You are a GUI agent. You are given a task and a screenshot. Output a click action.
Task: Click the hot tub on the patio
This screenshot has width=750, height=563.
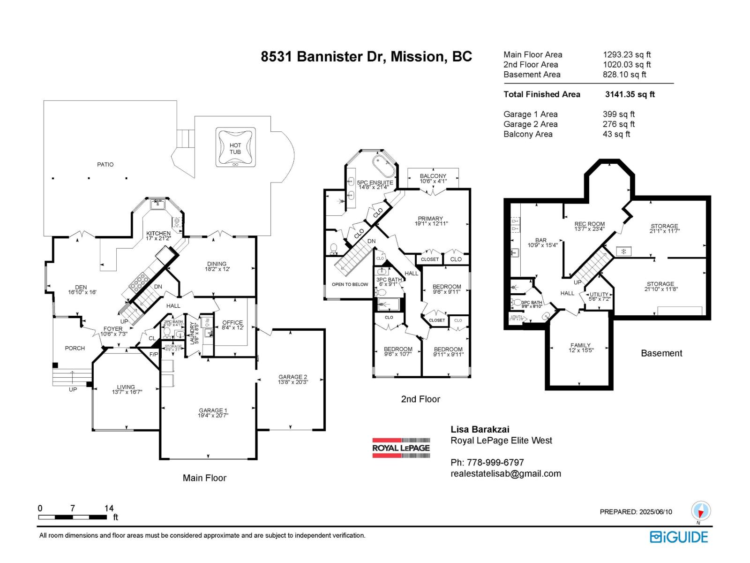[235, 147]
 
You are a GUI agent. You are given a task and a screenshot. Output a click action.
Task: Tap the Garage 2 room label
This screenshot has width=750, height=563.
[292, 379]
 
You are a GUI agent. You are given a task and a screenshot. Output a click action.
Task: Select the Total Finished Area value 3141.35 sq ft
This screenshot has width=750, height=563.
[630, 94]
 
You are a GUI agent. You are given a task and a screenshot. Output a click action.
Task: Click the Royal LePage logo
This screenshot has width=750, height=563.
[401, 448]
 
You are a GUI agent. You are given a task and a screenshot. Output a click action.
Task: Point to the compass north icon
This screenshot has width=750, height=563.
[701, 511]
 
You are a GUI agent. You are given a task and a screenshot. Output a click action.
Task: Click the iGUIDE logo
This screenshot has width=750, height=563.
[679, 537]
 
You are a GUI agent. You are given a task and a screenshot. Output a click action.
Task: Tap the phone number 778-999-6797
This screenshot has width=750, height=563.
[487, 463]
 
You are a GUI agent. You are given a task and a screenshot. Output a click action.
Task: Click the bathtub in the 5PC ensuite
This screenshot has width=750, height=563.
[384, 166]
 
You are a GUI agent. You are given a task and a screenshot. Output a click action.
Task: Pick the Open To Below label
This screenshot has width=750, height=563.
[350, 284]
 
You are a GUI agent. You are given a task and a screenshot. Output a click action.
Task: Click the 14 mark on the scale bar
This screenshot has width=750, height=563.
[109, 508]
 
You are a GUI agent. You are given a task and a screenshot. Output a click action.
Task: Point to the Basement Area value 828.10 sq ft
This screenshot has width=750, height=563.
[624, 75]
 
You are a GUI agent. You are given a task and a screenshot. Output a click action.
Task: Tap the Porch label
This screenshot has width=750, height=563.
[75, 348]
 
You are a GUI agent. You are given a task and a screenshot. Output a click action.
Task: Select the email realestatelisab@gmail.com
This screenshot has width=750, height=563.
[505, 474]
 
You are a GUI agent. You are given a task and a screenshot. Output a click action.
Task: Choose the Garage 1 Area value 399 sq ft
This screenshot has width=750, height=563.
[618, 114]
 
